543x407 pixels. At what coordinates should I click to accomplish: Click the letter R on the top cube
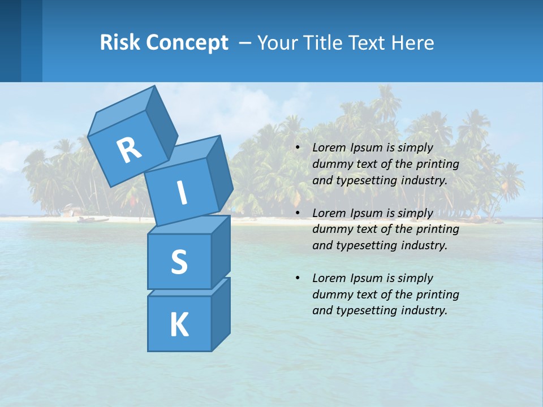click(x=129, y=150)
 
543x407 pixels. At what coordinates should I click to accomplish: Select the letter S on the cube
click(x=179, y=262)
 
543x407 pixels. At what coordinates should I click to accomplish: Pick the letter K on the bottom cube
click(x=179, y=325)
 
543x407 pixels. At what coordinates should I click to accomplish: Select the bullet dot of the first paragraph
click(x=298, y=148)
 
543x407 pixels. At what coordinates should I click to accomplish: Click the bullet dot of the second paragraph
click(x=298, y=213)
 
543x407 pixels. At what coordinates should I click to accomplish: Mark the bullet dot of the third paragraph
click(x=298, y=278)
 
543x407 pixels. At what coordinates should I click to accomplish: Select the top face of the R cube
click(x=120, y=113)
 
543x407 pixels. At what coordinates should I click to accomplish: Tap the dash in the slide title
click(x=245, y=43)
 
